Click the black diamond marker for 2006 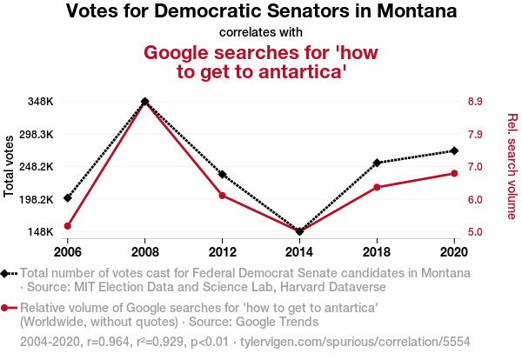tap(68, 197)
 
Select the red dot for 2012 tap(223, 195)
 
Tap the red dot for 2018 tap(377, 187)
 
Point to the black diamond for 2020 tap(454, 151)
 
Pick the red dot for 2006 tap(68, 226)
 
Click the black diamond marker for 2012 tap(223, 174)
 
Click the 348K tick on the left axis tap(38, 102)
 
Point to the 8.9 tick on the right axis tap(476, 102)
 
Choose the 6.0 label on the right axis tap(476, 200)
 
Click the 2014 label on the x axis tap(299, 251)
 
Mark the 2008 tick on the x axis tap(145, 251)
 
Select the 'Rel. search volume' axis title tap(512, 166)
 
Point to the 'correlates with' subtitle tap(261, 32)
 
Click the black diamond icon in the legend tap(7, 273)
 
